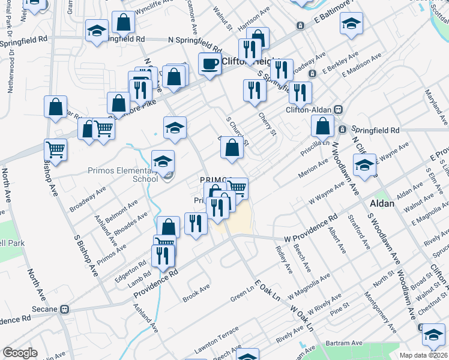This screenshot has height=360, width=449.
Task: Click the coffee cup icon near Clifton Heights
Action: (x=209, y=64)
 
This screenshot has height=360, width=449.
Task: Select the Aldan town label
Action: (x=382, y=204)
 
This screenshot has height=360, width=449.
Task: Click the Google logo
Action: (x=20, y=353)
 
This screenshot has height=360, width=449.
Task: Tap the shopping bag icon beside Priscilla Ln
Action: (x=323, y=127)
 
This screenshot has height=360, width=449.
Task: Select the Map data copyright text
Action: (x=423, y=355)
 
